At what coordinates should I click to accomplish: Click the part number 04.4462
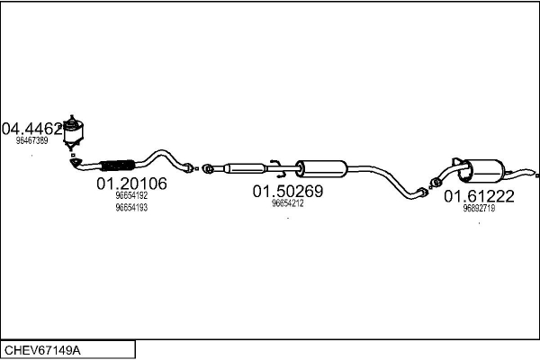32,128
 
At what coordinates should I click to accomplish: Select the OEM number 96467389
31,140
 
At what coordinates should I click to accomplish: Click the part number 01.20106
131,184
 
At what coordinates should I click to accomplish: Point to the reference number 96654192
131,196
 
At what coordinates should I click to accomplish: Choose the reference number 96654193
131,208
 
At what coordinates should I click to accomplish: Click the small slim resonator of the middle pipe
244,167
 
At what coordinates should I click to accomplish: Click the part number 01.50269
287,191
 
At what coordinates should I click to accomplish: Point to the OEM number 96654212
287,203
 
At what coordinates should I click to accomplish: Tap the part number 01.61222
479,196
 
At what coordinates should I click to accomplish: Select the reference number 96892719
479,208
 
